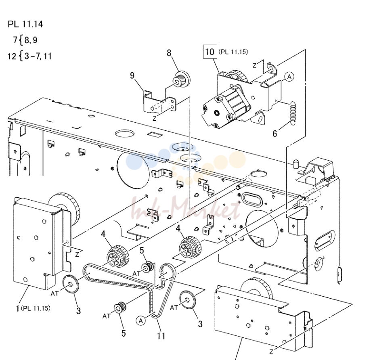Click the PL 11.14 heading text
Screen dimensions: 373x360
click(25, 24)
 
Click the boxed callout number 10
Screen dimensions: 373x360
click(210, 52)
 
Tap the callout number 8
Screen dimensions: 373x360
click(169, 53)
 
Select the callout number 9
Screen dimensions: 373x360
click(132, 75)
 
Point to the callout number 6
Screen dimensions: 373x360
click(275, 134)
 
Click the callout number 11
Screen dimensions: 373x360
click(161, 336)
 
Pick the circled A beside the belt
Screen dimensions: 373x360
click(141, 321)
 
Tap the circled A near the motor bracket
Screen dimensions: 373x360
click(289, 77)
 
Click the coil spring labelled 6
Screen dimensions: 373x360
click(293, 113)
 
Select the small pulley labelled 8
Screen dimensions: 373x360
click(182, 79)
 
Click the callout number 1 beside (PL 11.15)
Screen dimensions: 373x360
click(17, 308)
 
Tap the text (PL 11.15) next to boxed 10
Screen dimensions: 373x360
click(233, 52)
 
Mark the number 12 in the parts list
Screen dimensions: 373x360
click(12, 57)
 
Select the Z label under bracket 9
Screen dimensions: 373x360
click(155, 118)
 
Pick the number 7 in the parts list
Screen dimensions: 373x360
click(15, 40)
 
